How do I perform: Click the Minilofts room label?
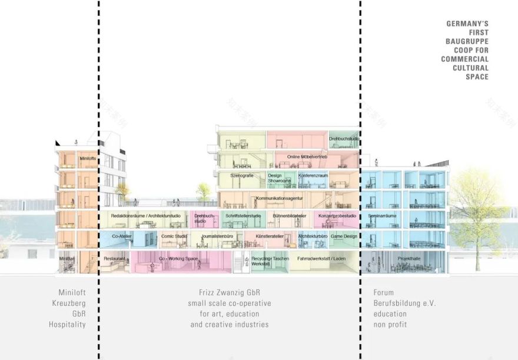(x=88, y=158)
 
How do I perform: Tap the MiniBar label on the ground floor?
(x=67, y=258)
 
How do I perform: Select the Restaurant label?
(x=114, y=258)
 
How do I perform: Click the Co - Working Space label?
(x=178, y=258)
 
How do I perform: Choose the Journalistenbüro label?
(x=218, y=236)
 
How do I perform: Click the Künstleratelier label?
(x=269, y=236)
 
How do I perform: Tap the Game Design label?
(x=343, y=236)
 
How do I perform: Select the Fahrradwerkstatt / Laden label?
(x=321, y=258)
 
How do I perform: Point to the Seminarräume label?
(x=382, y=216)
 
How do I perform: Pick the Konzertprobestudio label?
(x=337, y=216)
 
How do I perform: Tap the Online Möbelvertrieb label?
(x=307, y=156)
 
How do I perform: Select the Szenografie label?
(x=241, y=175)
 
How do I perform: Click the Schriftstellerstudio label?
(x=243, y=216)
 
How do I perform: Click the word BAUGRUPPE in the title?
(x=466, y=41)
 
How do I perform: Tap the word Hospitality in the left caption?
(x=67, y=324)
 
